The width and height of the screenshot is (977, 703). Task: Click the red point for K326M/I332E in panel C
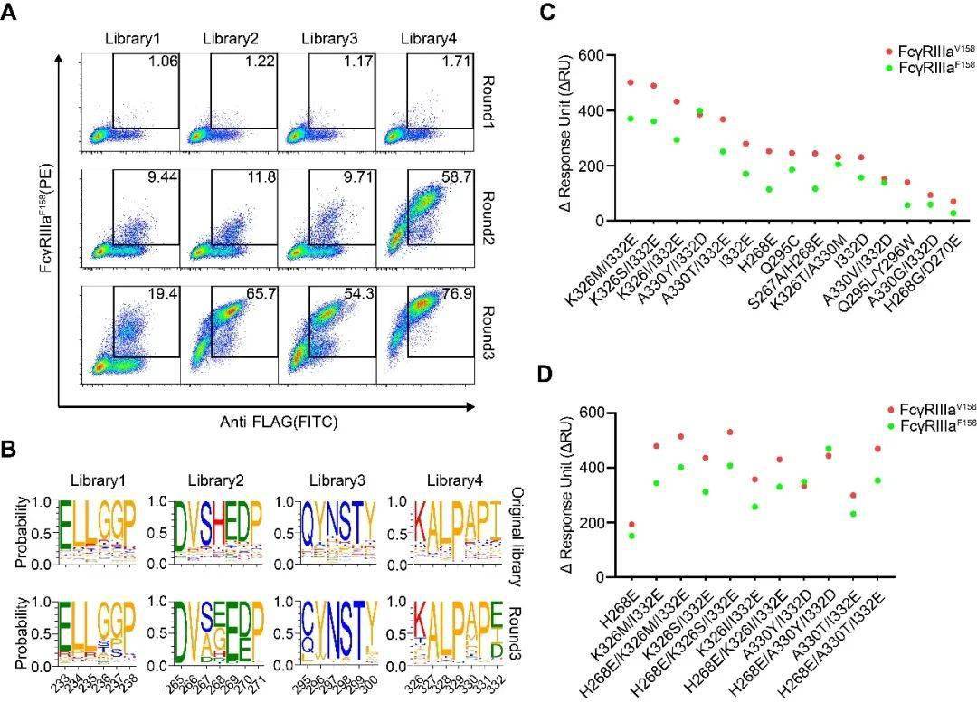(631, 82)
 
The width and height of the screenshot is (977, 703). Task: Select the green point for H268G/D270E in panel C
(953, 214)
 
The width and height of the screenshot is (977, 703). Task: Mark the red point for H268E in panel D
(631, 525)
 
